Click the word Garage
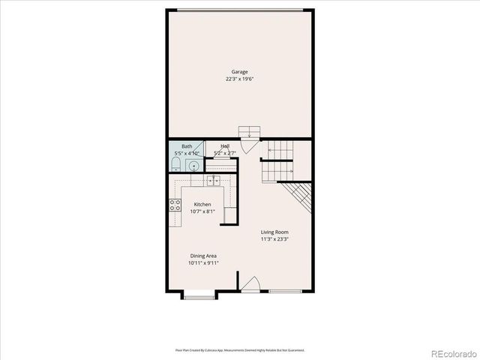point(239,72)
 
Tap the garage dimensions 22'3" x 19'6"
point(239,79)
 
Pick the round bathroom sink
point(193,166)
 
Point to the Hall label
point(225,146)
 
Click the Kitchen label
point(202,205)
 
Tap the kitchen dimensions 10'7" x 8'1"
point(202,211)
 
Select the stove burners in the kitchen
point(175,205)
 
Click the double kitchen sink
point(213,180)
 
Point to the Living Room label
point(274,232)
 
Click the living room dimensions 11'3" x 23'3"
point(274,240)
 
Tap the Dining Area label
point(202,256)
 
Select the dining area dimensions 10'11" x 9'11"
point(202,263)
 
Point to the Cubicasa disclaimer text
point(239,349)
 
